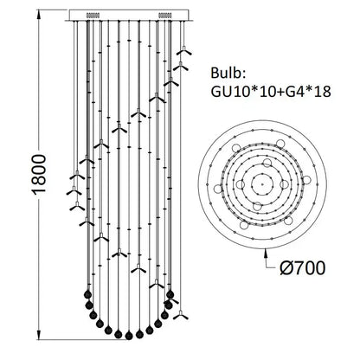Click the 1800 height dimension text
tap(38, 175)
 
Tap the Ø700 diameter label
tap(303, 268)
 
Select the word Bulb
tap(228, 73)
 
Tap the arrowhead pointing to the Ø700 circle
tap(266, 253)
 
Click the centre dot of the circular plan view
tap(262, 183)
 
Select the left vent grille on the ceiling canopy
tap(93, 15)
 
